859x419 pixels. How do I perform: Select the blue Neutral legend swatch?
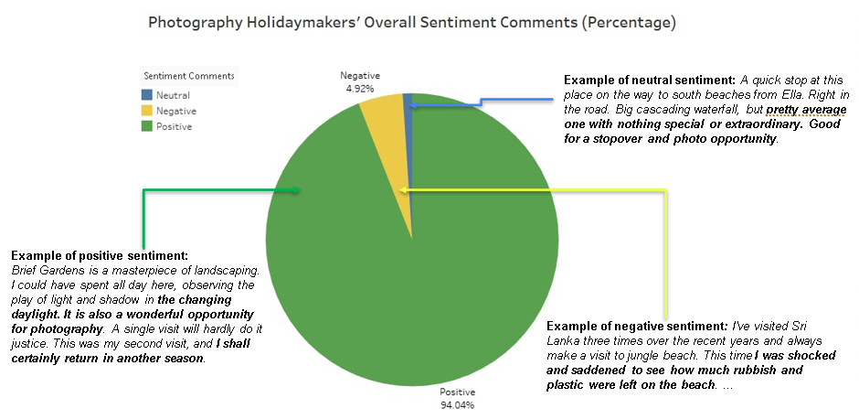coord(147,95)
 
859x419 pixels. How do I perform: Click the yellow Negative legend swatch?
coord(147,111)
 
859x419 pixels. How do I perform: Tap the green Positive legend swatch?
coord(147,126)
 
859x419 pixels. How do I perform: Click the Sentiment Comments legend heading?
coord(188,76)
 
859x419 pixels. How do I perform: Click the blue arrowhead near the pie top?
coord(413,106)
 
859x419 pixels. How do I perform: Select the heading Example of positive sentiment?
coord(100,254)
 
